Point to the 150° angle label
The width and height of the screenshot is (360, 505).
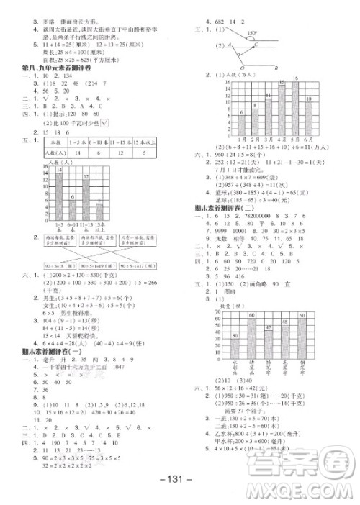tap(252, 33)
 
